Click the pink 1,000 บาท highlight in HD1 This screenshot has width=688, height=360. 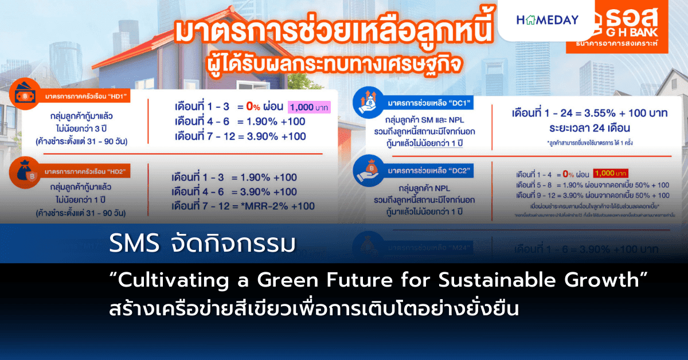click(x=309, y=107)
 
